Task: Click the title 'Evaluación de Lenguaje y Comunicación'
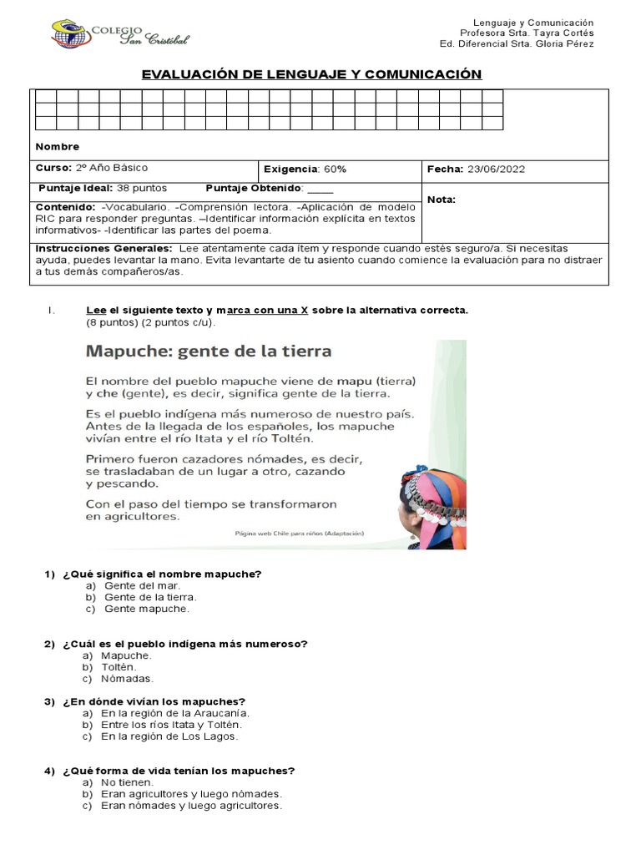(311, 74)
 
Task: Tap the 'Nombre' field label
(57, 147)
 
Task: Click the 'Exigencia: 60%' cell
(305, 169)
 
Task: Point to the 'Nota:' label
(442, 200)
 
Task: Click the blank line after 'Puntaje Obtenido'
(320, 189)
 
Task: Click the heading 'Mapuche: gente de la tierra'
(209, 351)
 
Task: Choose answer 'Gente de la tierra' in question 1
(150, 597)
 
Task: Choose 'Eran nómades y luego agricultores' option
(191, 806)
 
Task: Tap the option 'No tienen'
(127, 782)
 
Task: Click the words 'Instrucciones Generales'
(103, 249)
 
